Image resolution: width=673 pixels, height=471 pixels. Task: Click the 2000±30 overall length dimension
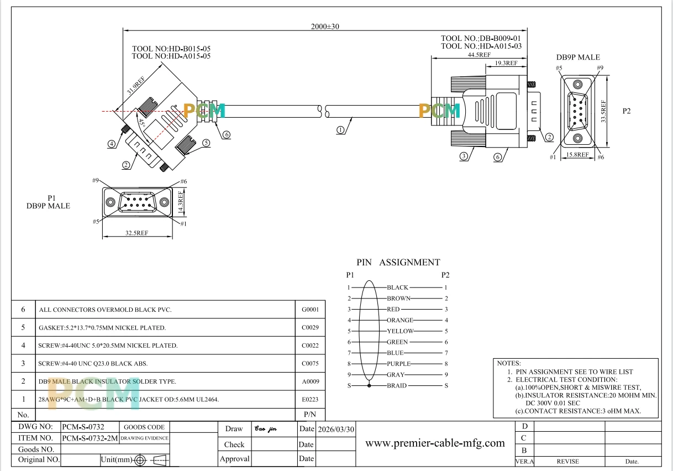tap(325, 27)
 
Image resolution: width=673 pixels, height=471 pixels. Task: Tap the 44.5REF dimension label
tap(479, 55)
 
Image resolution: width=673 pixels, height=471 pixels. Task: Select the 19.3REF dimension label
tap(506, 63)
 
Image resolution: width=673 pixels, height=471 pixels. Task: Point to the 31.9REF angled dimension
tap(136, 85)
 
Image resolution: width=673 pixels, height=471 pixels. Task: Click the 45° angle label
tap(141, 123)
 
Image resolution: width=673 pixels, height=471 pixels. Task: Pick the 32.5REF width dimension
tap(136, 233)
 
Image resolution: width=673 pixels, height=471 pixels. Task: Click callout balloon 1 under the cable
tap(340, 130)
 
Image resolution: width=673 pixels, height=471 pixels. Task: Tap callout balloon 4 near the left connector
tap(112, 144)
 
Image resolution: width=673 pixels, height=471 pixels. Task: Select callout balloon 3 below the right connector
tap(464, 156)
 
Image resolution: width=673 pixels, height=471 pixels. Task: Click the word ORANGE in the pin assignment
tap(400, 320)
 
